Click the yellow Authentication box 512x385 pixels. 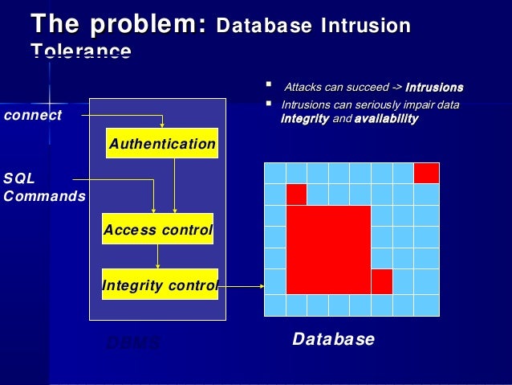pyautogui.click(x=162, y=143)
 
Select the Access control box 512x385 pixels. pyautogui.click(x=157, y=229)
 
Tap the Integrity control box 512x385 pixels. pyautogui.click(x=160, y=285)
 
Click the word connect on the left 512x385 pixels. pyautogui.click(x=33, y=115)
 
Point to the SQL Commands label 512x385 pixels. pyautogui.click(x=43, y=186)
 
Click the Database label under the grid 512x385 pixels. pyautogui.click(x=333, y=339)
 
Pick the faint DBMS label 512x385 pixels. pyautogui.click(x=133, y=343)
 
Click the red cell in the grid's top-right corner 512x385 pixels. pyautogui.click(x=426, y=173)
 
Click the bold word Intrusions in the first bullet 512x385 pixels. pyautogui.click(x=434, y=87)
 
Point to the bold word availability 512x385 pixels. pyautogui.click(x=386, y=119)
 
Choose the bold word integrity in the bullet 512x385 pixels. pyautogui.click(x=305, y=119)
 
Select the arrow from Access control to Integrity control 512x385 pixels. pyautogui.click(x=158, y=256)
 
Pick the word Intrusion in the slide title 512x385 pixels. pyautogui.click(x=365, y=26)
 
